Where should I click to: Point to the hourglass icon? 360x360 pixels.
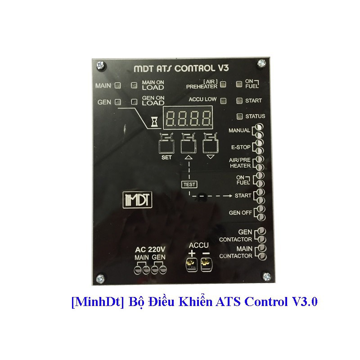coord(155,121)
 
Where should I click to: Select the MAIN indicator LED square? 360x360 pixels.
coord(117,85)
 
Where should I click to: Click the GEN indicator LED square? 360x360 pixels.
coord(117,102)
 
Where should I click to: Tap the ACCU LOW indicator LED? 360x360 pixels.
coord(225,100)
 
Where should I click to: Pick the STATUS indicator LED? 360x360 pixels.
coord(239,117)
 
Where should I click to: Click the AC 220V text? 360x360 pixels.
coord(150,250)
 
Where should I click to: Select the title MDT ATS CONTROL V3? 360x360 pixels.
coord(182,68)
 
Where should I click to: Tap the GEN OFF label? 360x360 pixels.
coord(240,212)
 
